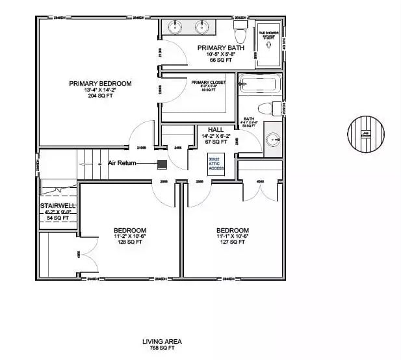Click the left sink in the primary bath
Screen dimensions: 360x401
pos(175,27)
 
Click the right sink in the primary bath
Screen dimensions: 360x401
pos(202,27)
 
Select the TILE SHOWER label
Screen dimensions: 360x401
pos(269,32)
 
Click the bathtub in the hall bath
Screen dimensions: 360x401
pos(259,83)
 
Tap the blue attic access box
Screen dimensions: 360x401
pos(216,164)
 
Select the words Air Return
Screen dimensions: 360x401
pos(122,163)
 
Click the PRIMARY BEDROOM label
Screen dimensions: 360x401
pos(101,84)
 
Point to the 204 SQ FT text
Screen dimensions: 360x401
pos(101,96)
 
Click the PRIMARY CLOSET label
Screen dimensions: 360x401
pos(208,83)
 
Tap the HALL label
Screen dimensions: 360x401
pos(216,130)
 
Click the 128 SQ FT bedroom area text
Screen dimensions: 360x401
pos(129,242)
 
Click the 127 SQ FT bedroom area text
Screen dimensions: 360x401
pos(233,242)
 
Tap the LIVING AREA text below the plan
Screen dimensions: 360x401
pos(162,341)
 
